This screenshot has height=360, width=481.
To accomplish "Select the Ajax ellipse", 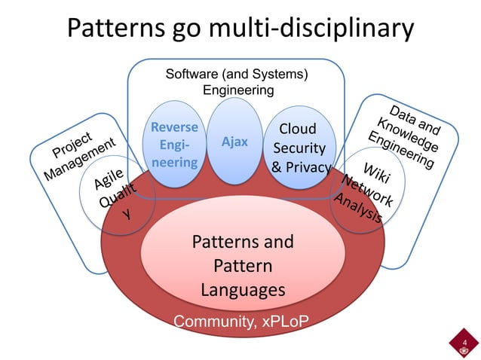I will [x=234, y=142].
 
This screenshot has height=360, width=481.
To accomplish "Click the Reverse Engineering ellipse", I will [x=175, y=145].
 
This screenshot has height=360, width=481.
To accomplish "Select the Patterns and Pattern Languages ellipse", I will [x=242, y=266].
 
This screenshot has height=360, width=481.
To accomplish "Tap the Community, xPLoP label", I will [x=240, y=323].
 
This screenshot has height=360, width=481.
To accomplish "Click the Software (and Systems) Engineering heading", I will [x=238, y=82].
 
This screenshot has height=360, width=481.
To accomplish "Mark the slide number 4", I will [x=464, y=343].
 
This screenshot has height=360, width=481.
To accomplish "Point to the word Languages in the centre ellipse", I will [x=242, y=290].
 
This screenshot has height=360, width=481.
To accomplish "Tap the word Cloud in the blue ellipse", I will [x=298, y=129].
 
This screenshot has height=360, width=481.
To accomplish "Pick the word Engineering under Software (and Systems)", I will [x=238, y=90].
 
